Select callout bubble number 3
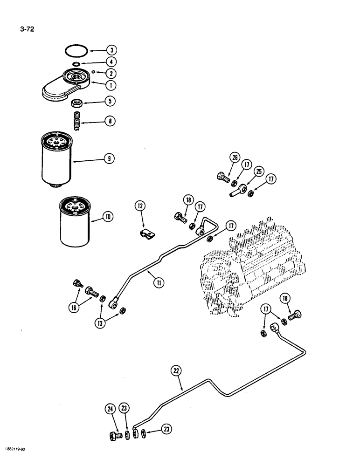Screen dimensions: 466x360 coord(111,50)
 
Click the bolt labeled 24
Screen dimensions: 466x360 coord(115,436)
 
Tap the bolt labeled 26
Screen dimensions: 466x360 coord(222,178)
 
